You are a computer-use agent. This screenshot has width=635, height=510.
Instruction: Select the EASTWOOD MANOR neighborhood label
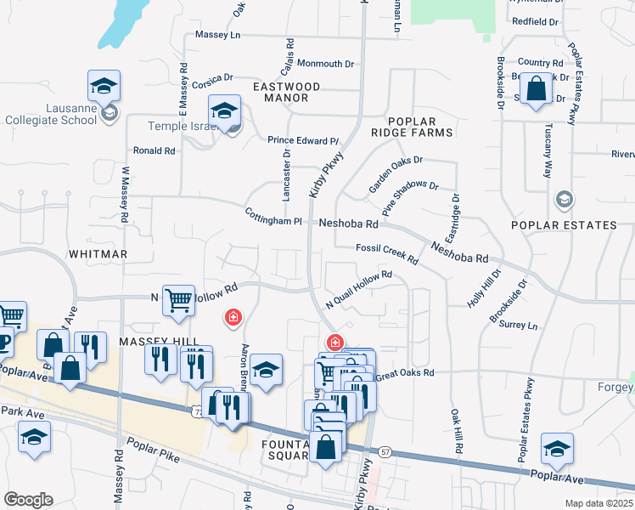[285, 92]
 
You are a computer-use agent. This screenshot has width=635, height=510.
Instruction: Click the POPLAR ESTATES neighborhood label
[564, 225]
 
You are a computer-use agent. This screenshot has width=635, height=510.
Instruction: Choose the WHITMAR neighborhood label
[98, 254]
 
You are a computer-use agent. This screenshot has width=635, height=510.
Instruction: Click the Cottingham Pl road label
[273, 217]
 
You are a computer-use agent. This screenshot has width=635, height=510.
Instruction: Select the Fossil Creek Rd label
[388, 252]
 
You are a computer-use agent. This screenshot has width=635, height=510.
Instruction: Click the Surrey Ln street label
[519, 325]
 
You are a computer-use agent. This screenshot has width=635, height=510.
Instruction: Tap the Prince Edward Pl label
[303, 140]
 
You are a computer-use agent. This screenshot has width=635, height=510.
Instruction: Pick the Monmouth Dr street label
[325, 64]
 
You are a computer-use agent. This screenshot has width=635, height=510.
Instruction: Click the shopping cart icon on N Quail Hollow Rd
[178, 300]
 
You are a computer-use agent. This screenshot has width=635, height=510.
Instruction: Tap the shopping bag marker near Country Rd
[537, 89]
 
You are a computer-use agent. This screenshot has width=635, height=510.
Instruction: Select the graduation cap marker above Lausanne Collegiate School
[104, 85]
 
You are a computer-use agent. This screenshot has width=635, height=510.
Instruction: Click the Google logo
[28, 499]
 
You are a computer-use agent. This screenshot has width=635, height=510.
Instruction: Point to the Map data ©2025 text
[598, 503]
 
